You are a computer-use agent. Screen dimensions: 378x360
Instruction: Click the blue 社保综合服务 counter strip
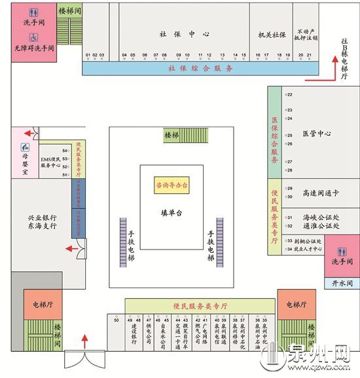click(x=200, y=67)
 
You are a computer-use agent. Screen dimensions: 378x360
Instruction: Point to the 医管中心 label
click(x=317, y=133)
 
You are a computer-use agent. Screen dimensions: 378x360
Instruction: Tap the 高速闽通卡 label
click(x=320, y=193)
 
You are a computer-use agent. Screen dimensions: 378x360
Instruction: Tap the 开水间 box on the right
click(x=341, y=283)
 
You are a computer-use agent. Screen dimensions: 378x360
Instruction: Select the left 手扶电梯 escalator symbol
click(x=123, y=241)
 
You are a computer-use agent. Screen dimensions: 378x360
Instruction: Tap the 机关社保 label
click(x=271, y=34)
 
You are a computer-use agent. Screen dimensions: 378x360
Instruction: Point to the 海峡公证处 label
click(x=321, y=217)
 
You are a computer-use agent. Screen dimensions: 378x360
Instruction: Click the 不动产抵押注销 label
click(x=306, y=34)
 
